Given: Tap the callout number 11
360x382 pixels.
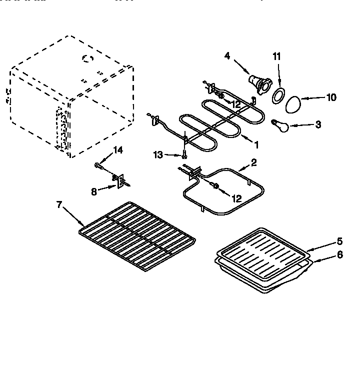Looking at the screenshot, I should (x=276, y=57).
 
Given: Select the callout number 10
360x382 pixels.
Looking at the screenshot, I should (x=331, y=97).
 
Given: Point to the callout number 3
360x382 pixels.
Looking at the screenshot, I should (x=318, y=124).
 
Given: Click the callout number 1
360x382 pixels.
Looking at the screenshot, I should (x=256, y=145).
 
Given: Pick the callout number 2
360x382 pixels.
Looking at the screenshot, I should (x=254, y=162).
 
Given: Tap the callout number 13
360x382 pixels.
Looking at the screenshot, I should (x=158, y=155).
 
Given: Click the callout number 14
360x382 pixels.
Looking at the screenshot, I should (x=117, y=150).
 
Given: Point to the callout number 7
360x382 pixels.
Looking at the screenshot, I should (x=59, y=204).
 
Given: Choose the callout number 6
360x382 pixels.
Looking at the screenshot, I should (x=339, y=254).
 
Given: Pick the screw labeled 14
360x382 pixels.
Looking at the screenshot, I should (x=96, y=164).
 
